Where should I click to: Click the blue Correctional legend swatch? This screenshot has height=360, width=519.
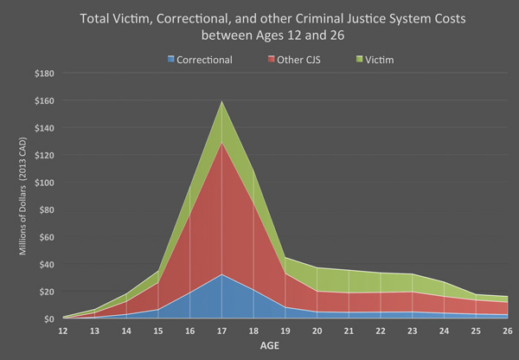pyautogui.click(x=171, y=60)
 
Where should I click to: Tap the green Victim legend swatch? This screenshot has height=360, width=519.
pyautogui.click(x=360, y=60)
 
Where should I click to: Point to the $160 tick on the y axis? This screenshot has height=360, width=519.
pyautogui.click(x=44, y=100)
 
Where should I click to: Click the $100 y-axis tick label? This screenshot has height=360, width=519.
pyautogui.click(x=44, y=183)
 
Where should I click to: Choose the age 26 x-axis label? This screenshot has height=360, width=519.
pyautogui.click(x=507, y=330)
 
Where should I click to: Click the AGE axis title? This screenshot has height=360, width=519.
pyautogui.click(x=285, y=344)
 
